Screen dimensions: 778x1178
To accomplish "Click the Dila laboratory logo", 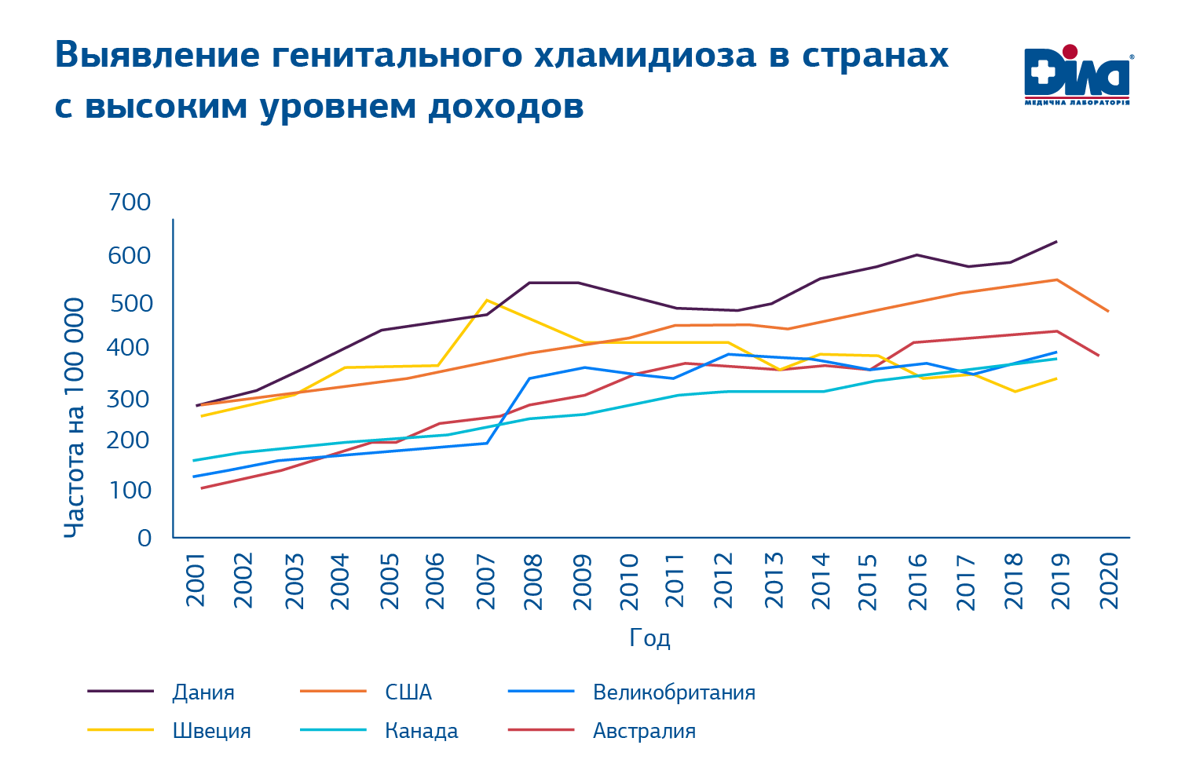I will (x=1077, y=75).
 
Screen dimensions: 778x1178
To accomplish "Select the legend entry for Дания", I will (x=203, y=692).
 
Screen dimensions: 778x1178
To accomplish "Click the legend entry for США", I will (x=408, y=692).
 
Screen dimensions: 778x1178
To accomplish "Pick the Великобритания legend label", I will (x=674, y=692).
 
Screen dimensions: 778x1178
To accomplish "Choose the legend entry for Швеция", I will (x=211, y=731).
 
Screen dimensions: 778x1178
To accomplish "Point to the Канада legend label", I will (x=421, y=731).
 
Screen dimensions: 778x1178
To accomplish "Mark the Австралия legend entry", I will (x=644, y=731).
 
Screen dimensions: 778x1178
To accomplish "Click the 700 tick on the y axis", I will (x=130, y=203).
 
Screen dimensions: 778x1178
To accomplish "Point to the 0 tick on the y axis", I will (x=144, y=538).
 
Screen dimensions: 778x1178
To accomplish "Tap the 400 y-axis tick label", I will (x=130, y=347).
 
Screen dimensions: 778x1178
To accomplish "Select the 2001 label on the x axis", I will (x=196, y=580).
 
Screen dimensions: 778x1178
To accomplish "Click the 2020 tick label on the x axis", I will (x=1109, y=580).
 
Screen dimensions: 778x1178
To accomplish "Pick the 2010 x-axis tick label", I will (x=629, y=581).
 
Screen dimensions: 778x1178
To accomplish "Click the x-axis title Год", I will (x=649, y=637).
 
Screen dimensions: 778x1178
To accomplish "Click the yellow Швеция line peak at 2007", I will (x=488, y=300).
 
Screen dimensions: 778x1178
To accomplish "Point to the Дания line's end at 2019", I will (x=1056, y=242).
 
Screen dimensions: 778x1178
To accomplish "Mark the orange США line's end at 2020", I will (x=1107, y=311).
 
